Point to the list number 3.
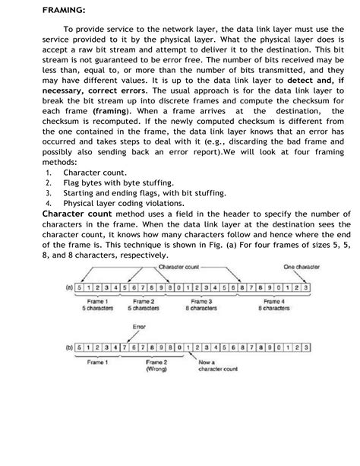click(47, 193)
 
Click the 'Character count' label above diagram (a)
click(179, 267)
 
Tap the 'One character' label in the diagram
click(302, 267)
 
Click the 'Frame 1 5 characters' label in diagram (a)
click(97, 306)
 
